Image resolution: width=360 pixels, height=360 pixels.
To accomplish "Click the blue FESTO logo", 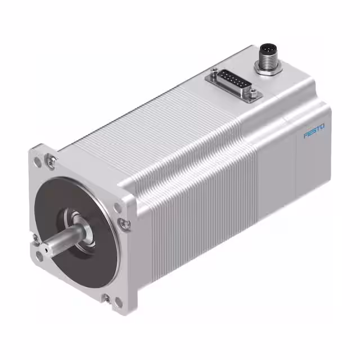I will [x=315, y=133].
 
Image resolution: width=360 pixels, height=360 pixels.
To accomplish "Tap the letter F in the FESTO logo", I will [x=306, y=136].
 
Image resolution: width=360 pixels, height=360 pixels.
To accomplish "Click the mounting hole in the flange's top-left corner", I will [x=38, y=161].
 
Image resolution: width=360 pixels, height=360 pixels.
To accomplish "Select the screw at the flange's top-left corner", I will [x=51, y=161].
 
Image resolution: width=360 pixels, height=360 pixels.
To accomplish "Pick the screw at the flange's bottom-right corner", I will [x=106, y=296].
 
